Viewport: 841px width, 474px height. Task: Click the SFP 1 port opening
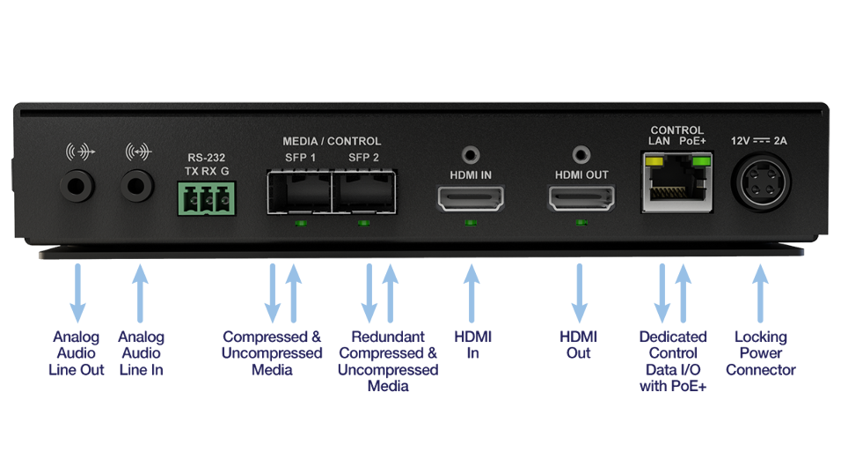point(299,191)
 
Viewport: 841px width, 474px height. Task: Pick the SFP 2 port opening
point(364,191)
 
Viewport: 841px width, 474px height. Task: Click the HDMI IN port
point(472,199)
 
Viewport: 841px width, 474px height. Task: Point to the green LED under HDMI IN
point(472,224)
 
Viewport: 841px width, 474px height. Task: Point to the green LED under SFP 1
point(300,224)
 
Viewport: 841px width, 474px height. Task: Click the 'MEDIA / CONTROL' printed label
point(332,141)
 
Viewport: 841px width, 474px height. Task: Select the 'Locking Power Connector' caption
point(762,352)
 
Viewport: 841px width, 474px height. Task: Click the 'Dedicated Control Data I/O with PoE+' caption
point(673,360)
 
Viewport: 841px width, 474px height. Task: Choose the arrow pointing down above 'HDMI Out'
point(580,291)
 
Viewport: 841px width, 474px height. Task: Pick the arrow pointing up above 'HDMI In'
point(472,291)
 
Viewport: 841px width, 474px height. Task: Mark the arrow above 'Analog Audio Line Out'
point(77,291)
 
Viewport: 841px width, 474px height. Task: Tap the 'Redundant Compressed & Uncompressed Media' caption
point(387,360)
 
